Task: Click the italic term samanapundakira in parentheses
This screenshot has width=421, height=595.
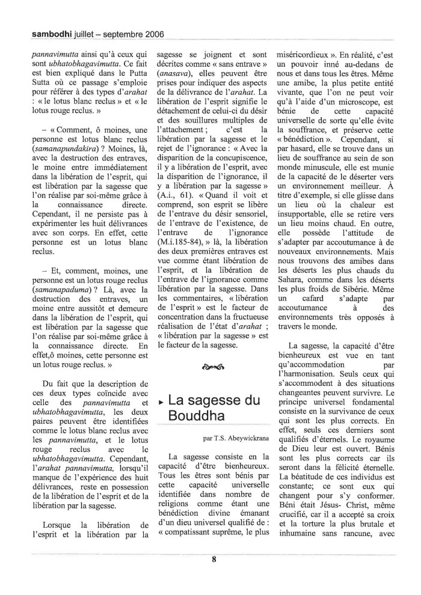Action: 57,149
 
